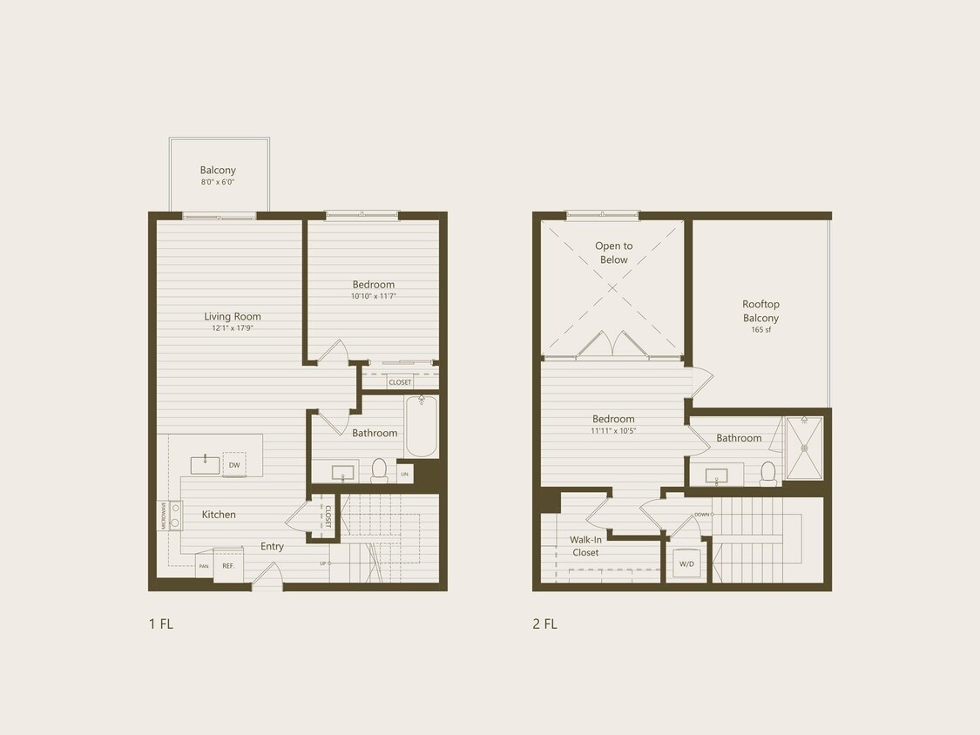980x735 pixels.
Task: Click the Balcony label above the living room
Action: (218, 171)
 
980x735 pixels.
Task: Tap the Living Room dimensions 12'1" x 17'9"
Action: (233, 328)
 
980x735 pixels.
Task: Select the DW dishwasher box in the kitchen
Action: (234, 465)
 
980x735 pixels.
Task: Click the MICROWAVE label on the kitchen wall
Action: (163, 516)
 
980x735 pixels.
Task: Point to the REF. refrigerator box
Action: (228, 566)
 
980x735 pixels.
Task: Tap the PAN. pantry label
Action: (204, 567)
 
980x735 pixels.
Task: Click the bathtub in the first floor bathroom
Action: (421, 426)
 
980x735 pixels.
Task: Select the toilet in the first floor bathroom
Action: (379, 471)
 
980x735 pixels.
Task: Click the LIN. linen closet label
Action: (404, 475)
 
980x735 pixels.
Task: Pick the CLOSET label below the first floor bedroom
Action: (401, 382)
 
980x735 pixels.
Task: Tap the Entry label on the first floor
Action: (272, 547)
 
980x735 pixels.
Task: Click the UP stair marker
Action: (324, 563)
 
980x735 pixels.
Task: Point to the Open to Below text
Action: (614, 253)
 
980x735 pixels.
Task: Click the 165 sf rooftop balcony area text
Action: (760, 330)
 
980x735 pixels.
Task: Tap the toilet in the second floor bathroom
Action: (767, 473)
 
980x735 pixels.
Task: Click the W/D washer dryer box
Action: (687, 563)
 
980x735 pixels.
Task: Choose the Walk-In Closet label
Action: (585, 546)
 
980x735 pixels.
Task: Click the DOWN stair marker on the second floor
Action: (702, 515)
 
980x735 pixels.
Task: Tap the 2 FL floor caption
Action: (544, 624)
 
